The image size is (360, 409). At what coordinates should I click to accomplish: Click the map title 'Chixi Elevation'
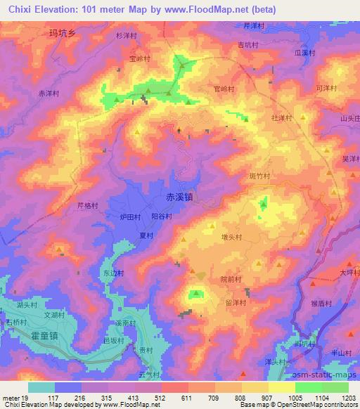click(x=42, y=10)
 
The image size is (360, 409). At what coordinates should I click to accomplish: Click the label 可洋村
click(x=326, y=88)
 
